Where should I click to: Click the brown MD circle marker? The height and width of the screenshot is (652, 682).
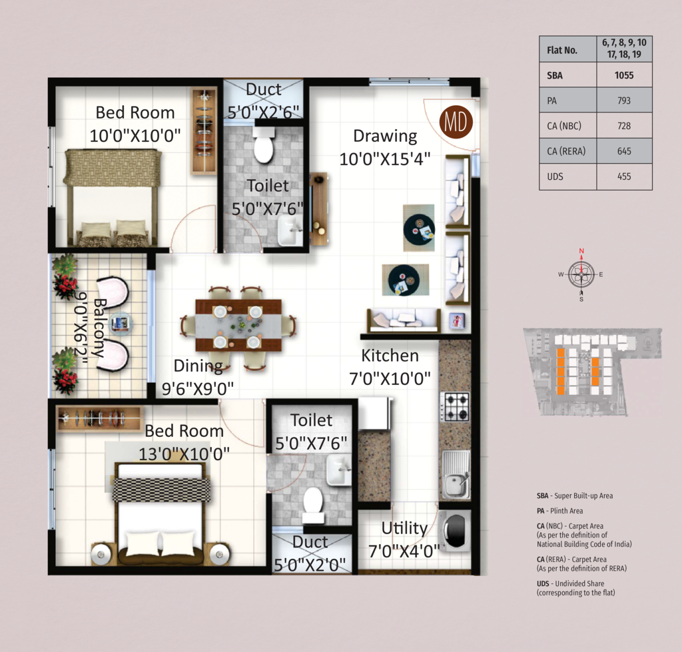(x=456, y=122)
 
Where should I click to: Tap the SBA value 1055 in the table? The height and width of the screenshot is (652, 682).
(x=624, y=75)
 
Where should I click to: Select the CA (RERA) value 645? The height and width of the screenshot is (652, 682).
(x=624, y=151)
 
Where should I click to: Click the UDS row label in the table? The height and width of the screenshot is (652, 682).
(x=555, y=176)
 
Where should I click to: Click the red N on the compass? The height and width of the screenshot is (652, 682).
(x=581, y=251)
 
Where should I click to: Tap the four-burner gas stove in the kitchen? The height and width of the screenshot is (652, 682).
(x=455, y=406)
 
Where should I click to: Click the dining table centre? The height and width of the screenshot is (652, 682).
(x=238, y=325)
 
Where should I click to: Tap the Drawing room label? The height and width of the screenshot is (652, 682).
(x=385, y=136)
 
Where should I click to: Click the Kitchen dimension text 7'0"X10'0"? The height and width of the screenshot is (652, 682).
(x=390, y=379)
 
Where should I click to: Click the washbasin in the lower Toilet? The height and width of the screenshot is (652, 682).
(x=339, y=470)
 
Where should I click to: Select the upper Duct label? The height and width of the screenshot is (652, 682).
(x=264, y=89)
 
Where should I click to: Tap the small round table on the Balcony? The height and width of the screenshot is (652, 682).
(x=121, y=323)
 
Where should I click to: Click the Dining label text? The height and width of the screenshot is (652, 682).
(x=198, y=366)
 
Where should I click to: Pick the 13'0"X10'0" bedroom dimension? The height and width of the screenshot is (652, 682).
(x=184, y=454)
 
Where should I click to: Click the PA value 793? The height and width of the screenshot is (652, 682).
(x=624, y=101)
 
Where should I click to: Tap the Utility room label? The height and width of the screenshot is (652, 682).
(x=404, y=528)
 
